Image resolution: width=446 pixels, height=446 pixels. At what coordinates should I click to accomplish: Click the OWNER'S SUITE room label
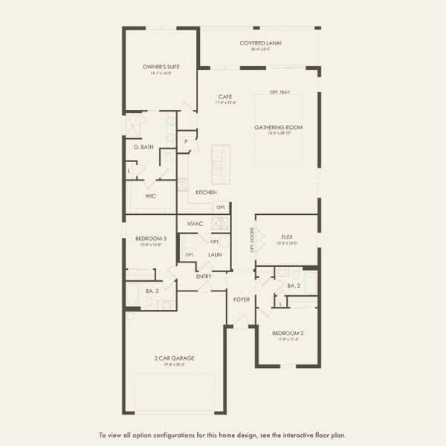(161, 67)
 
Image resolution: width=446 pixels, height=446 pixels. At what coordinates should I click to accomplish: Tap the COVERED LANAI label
(260, 43)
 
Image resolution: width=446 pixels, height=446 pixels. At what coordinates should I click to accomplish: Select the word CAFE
(225, 97)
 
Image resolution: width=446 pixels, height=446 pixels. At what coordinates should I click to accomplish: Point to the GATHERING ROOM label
(279, 127)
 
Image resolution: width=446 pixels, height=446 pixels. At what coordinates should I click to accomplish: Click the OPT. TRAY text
(279, 93)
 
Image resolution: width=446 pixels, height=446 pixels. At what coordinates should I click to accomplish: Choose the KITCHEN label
(206, 193)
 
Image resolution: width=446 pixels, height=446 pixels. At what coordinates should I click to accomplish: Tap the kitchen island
(221, 164)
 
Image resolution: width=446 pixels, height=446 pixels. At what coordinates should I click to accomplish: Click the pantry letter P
(186, 140)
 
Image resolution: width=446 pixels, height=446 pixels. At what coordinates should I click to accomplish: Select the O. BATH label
(143, 147)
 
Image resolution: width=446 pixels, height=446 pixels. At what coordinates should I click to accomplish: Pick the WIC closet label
(150, 196)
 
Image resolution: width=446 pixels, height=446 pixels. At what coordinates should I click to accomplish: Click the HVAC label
(195, 223)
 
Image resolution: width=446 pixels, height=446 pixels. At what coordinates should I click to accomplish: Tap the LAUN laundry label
(215, 254)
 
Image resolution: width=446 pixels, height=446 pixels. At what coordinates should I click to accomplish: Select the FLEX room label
(286, 237)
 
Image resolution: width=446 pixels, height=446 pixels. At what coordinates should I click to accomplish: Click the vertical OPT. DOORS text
(252, 239)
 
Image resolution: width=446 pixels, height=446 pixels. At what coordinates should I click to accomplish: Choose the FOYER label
(242, 300)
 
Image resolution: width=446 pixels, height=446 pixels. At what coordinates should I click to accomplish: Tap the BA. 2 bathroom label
(294, 285)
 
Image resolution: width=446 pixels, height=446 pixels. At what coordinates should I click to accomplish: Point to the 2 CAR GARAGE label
(174, 358)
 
